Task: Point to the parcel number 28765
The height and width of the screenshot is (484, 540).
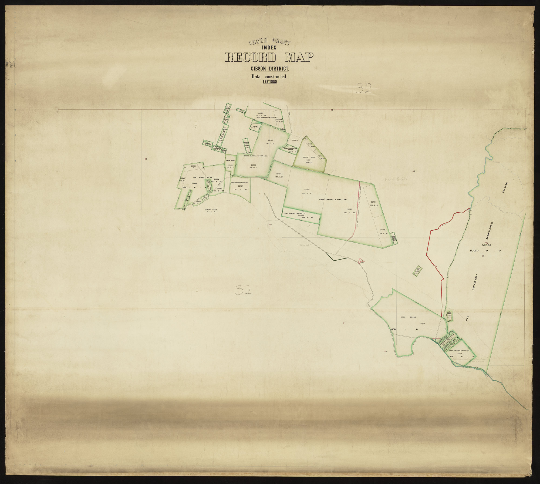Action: click(x=253, y=165)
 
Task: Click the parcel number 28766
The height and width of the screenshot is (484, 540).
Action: click(x=270, y=140)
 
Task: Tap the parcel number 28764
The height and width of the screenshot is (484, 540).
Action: click(x=279, y=174)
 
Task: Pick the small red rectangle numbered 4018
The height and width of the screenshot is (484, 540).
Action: click(x=360, y=260)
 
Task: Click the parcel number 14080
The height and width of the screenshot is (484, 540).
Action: click(x=295, y=140)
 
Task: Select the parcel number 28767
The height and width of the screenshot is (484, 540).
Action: click(x=240, y=186)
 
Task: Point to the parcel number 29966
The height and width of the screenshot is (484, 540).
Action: click(x=194, y=183)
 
